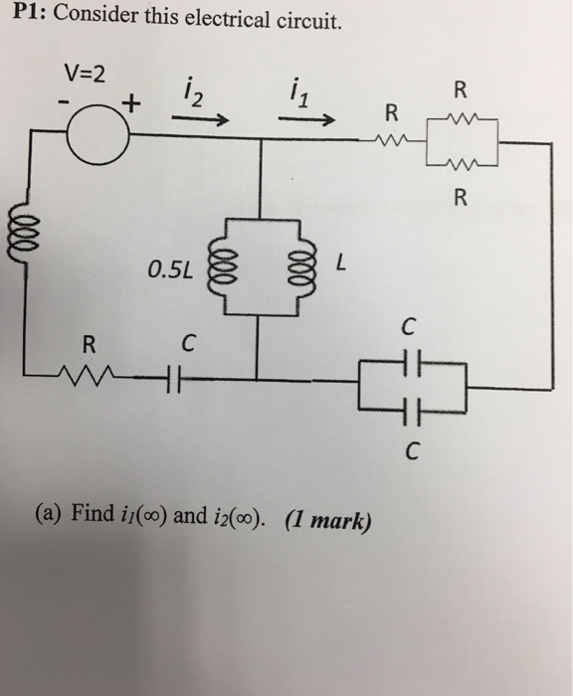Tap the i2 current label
pyautogui.click(x=193, y=93)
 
